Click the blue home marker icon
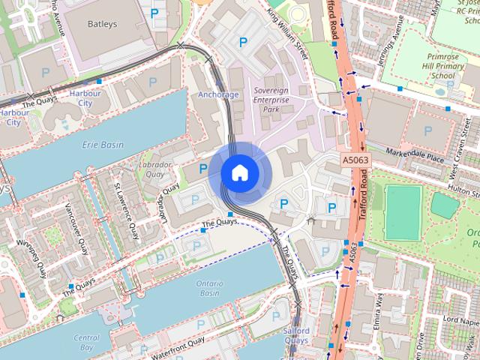tap(239, 172)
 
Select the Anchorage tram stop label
tap(218, 95)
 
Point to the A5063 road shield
tap(355, 160)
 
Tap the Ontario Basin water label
tap(208, 287)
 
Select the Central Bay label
tap(86, 343)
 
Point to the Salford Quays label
tap(296, 335)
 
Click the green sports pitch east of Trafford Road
tap(403, 212)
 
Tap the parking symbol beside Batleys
tap(154, 13)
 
